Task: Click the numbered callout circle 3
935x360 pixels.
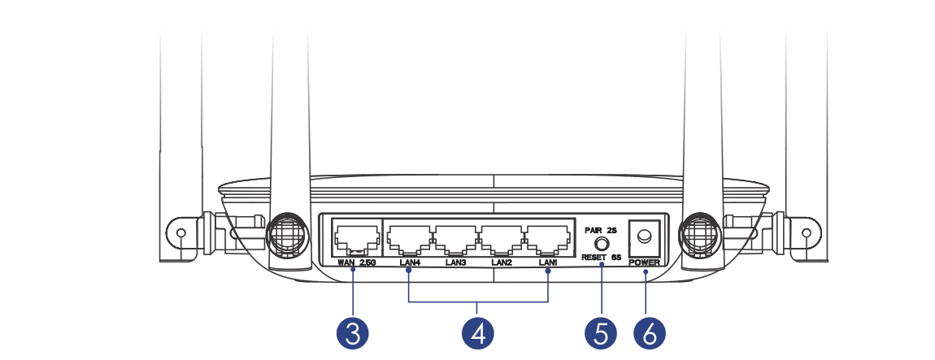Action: pos(354,334)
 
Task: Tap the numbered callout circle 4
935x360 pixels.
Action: pos(479,334)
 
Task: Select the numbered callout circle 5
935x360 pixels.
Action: pos(601,334)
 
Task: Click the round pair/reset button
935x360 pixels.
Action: pos(602,243)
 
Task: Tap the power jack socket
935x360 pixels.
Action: pos(645,236)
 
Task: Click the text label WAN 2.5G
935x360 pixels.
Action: pos(357,262)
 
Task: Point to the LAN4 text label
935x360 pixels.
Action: pos(409,262)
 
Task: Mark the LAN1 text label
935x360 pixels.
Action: pos(548,262)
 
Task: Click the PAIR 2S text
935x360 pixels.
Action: pos(602,231)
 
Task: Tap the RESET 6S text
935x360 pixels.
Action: pos(602,257)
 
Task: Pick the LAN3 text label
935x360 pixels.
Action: pos(455,262)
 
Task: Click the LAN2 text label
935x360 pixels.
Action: pos(502,262)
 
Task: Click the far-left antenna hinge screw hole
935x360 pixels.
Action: pos(180,233)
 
